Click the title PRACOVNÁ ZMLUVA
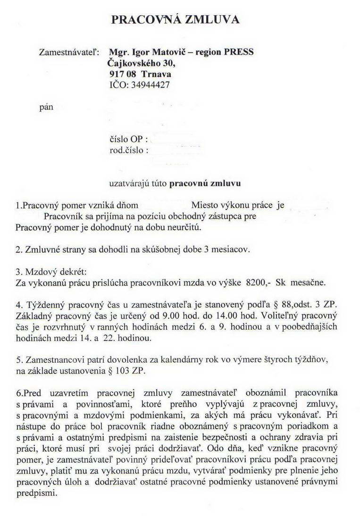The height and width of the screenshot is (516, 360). coord(175,19)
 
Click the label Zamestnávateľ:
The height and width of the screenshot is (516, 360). coord(69,52)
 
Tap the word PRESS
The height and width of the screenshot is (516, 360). coord(238,52)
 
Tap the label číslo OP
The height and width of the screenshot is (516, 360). coord(128,140)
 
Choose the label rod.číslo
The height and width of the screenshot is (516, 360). coord(129,150)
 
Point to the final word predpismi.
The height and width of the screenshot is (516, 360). coord(36,492)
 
